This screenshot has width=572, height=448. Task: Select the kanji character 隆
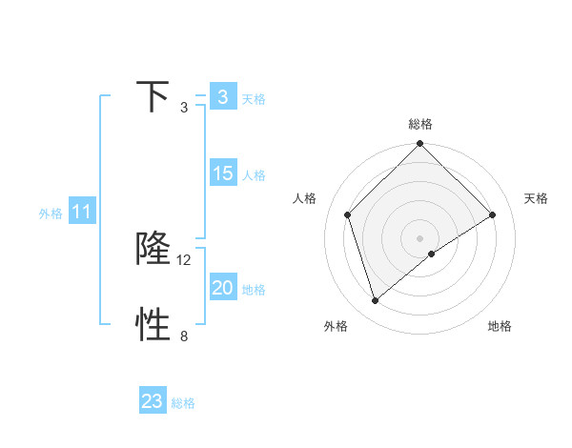point(153,248)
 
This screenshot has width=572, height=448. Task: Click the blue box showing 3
point(222,97)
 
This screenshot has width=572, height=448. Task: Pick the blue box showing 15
point(222,173)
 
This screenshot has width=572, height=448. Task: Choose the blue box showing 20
point(222,288)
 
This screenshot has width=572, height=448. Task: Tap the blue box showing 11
point(82,212)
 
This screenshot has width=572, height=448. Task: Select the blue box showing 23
point(153,401)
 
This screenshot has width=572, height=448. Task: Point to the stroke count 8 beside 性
point(184,336)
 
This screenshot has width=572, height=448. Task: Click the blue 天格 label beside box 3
point(254,98)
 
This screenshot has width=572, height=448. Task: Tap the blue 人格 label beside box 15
point(254,175)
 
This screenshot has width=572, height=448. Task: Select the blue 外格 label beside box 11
point(51,214)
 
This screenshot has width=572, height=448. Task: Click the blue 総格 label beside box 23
point(183,403)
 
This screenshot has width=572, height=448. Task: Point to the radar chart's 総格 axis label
point(419,124)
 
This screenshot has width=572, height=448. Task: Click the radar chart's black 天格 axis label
point(536,198)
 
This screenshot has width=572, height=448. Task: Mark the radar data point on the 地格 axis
point(432,254)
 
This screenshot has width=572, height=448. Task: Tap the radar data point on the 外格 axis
point(376,300)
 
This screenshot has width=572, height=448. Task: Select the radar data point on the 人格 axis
point(348,214)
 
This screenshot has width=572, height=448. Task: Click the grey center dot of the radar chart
point(419,237)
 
